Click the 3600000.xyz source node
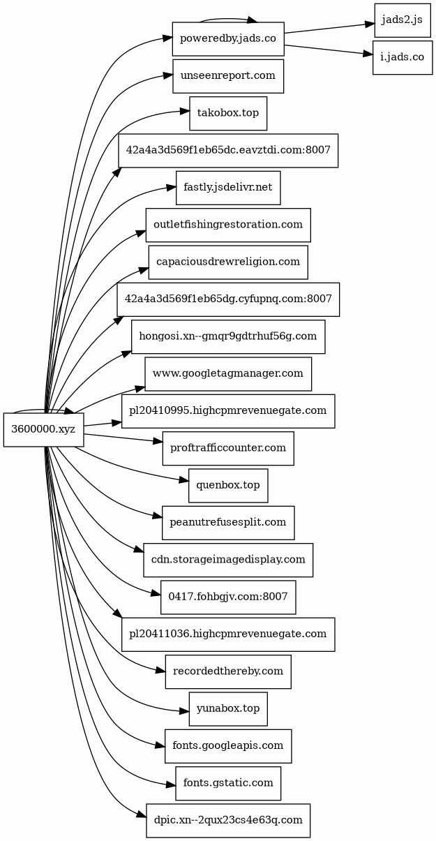(44, 429)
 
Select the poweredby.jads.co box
(228, 39)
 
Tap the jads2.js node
(403, 20)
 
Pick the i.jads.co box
(403, 57)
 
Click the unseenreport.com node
(228, 76)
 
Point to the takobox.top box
(228, 113)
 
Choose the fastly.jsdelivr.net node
(228, 188)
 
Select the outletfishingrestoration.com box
(228, 225)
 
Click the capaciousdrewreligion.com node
(228, 262)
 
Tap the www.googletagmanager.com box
(228, 373)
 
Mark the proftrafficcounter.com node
(228, 448)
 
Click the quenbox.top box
(228, 485)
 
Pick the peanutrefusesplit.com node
(228, 523)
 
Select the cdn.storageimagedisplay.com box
(228, 560)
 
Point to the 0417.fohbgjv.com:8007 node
(228, 597)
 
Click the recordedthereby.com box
(228, 671)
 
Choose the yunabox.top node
(228, 709)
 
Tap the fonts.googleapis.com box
(228, 746)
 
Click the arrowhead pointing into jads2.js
(369, 24)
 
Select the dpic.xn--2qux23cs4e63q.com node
(228, 821)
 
